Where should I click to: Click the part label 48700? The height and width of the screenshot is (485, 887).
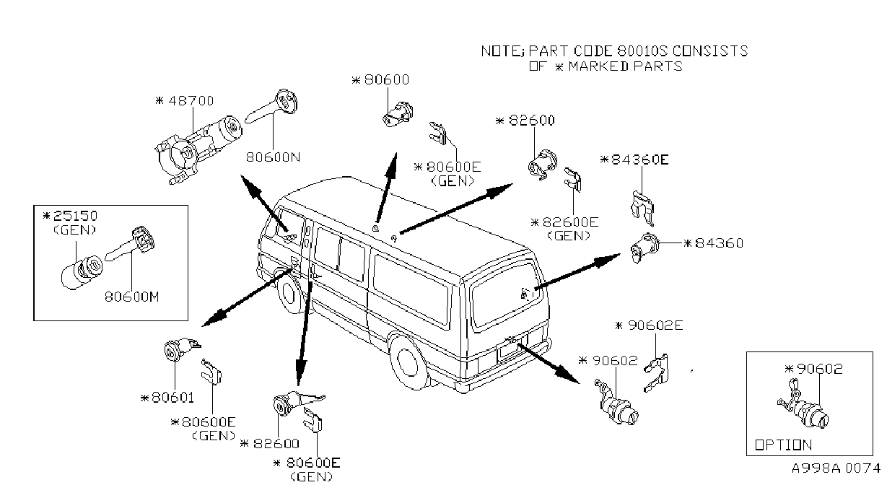point(191,101)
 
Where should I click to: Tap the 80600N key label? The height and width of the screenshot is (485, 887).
point(274,157)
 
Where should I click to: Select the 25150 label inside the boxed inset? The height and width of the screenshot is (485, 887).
point(75,216)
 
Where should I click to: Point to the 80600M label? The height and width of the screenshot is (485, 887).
point(131,297)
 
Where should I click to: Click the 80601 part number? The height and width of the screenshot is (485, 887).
point(172,397)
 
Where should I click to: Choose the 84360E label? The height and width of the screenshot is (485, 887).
point(640,160)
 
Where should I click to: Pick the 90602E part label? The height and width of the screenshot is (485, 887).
point(655,325)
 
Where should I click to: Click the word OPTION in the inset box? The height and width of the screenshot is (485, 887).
point(783,445)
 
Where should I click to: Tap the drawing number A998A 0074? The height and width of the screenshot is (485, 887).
point(836,468)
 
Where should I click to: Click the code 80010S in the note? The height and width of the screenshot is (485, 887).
point(642,51)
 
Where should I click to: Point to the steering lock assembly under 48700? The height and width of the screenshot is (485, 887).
point(198,149)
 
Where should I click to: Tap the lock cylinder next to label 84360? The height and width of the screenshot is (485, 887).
point(645,248)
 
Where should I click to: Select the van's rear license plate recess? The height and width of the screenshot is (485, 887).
point(512,349)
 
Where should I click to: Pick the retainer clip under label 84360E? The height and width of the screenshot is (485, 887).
point(642,209)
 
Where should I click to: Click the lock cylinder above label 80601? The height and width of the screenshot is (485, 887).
point(181,349)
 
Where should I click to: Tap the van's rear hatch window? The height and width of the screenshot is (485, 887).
point(507,295)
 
